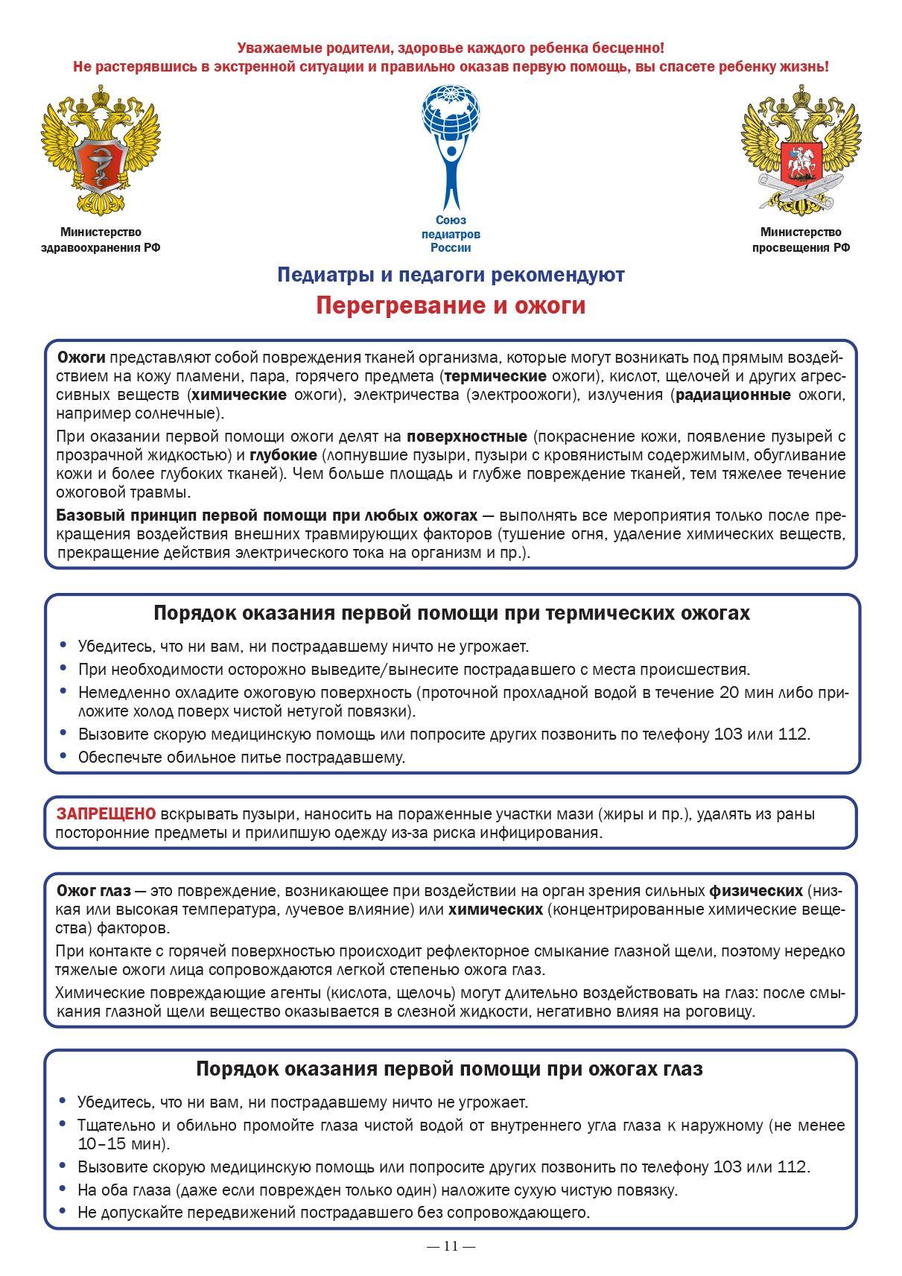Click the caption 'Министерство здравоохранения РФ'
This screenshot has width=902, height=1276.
tap(101, 241)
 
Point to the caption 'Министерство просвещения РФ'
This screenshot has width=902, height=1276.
tap(801, 241)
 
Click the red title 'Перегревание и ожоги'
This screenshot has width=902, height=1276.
tap(451, 306)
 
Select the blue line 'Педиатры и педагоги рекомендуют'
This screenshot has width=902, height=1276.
tap(451, 275)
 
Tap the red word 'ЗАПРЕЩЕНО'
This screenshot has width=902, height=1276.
tap(107, 813)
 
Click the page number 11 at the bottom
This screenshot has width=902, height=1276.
tap(451, 1245)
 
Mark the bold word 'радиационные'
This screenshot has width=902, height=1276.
tap(733, 395)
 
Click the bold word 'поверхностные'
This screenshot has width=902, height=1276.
tap(467, 436)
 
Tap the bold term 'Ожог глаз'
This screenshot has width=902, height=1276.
tap(94, 891)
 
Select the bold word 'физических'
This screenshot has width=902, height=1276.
tap(755, 891)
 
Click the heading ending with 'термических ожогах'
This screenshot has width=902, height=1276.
tap(451, 613)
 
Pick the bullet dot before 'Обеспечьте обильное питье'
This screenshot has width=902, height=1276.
tap(63, 757)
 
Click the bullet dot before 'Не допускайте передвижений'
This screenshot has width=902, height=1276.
tap(63, 1211)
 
